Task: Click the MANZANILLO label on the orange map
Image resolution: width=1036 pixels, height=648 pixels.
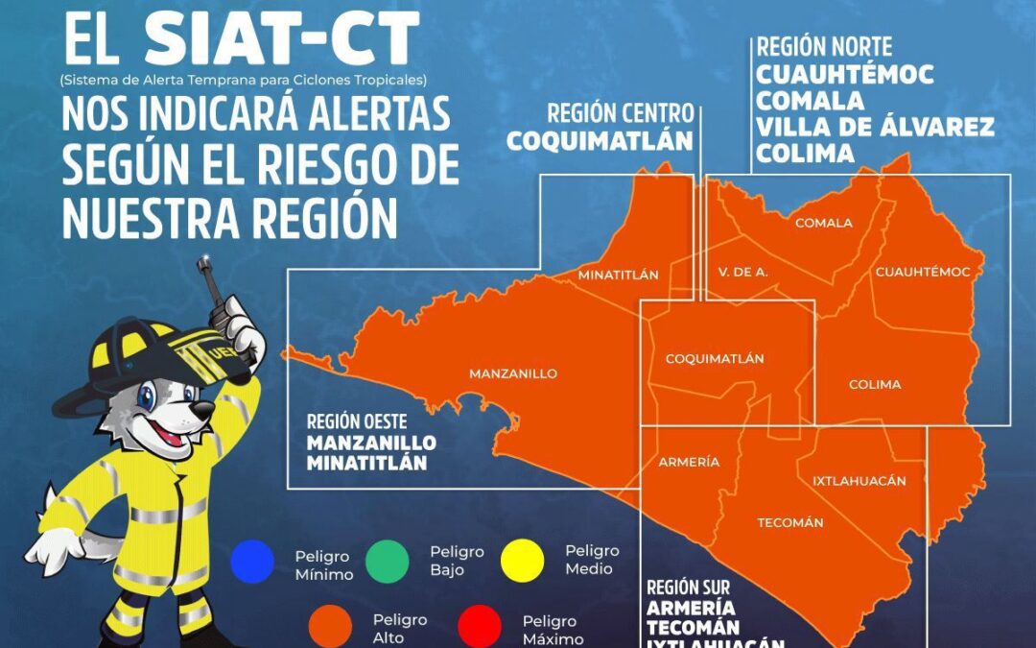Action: pos(512,373)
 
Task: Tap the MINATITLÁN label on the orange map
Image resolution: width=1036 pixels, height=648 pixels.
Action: pos(618,275)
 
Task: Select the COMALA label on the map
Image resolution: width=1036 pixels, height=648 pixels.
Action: pos(823,223)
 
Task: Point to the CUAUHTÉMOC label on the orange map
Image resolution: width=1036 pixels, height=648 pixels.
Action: pos(922,272)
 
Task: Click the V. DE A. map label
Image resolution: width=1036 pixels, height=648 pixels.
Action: pos(742,272)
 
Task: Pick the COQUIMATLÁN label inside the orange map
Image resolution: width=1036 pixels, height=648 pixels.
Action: pos(715,358)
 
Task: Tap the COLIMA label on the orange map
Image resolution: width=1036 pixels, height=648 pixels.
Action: pos(875,384)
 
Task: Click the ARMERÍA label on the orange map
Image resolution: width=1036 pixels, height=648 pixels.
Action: pos(688,462)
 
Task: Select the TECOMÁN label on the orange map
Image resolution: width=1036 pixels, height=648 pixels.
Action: pos(790,522)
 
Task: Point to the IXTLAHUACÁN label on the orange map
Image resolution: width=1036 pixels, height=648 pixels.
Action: pos(859,480)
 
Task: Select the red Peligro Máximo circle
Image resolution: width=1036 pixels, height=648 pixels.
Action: pos(480,627)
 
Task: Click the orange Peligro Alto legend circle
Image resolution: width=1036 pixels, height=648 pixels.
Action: pos(330,627)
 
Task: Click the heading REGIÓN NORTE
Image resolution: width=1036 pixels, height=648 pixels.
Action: pos(824,46)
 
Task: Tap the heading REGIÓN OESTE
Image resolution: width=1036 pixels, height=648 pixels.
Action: pos(357,420)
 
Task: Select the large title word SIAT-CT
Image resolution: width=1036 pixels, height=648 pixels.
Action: pos(281,40)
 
